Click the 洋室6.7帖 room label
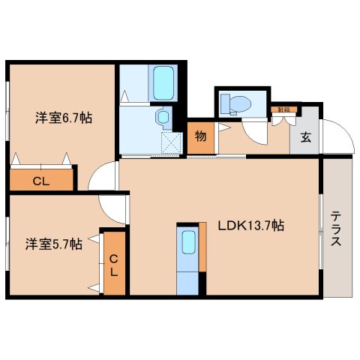point(62,118)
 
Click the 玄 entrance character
point(306,136)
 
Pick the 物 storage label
point(201,136)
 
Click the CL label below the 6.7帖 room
point(41,180)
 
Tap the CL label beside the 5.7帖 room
point(114,265)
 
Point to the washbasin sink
point(161,118)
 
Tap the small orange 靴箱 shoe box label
point(283,110)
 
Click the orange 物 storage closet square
point(201,137)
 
